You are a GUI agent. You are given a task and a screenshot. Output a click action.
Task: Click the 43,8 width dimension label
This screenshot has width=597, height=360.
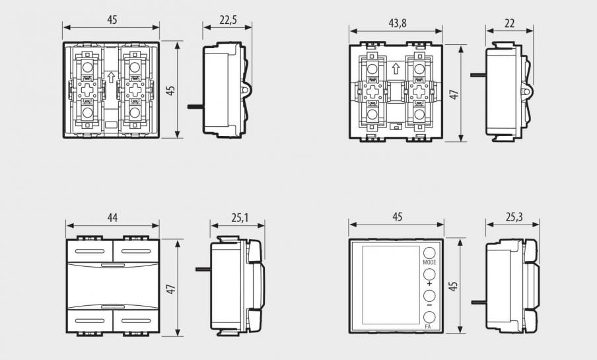[398, 24]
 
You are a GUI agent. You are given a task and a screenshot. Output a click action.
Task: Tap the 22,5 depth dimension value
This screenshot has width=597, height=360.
[228, 20]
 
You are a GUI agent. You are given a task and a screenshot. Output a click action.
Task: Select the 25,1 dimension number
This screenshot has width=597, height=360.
[240, 217]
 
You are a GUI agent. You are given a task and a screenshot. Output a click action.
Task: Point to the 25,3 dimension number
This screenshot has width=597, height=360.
[514, 217]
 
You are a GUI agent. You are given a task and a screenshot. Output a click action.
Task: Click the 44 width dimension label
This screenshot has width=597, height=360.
[112, 217]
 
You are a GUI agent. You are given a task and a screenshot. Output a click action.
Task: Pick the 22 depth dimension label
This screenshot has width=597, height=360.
[509, 24]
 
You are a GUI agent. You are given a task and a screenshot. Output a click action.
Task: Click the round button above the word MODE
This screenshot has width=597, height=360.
[429, 253]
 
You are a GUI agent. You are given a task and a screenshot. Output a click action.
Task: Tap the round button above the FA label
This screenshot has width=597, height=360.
[429, 317]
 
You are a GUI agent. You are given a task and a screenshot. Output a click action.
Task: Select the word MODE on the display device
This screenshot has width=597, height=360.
[429, 262]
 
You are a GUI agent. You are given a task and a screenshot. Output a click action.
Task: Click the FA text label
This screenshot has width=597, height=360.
[427, 326]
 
